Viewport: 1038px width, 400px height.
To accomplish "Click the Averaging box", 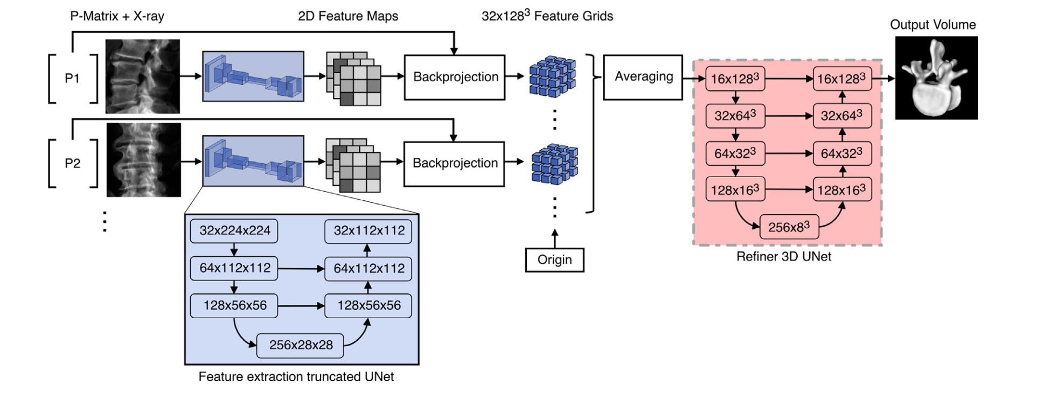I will point(643,77).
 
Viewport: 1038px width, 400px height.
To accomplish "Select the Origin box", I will point(554,260).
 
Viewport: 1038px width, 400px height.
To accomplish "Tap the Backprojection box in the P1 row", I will point(455,77).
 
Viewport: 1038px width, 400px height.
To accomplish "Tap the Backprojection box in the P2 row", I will point(454,164).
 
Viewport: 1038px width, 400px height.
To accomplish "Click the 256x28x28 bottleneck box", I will point(301,345).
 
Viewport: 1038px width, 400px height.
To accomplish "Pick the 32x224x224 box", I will point(234,231).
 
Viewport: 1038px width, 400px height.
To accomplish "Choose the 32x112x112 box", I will point(368,231).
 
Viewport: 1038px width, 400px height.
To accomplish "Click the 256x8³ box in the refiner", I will point(789,227).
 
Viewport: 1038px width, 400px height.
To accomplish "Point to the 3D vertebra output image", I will point(936,78).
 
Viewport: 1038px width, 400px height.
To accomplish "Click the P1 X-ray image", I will point(142,76).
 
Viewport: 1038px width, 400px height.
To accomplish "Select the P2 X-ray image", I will point(143,160).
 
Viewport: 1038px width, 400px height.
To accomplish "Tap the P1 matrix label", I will point(72,79).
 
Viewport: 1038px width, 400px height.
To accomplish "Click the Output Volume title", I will point(932,25).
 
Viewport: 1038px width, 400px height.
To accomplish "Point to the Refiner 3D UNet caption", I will point(783,257).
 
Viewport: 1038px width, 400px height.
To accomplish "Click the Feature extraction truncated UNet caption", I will point(296,377).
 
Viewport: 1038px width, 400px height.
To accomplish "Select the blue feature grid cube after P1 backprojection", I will point(553,76).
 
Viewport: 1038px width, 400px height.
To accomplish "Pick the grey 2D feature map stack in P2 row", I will point(353,165).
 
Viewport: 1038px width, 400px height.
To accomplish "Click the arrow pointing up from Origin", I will point(555,238).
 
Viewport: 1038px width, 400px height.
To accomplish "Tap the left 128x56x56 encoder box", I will point(234,306).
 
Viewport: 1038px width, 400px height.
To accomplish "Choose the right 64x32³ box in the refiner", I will point(841,153).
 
